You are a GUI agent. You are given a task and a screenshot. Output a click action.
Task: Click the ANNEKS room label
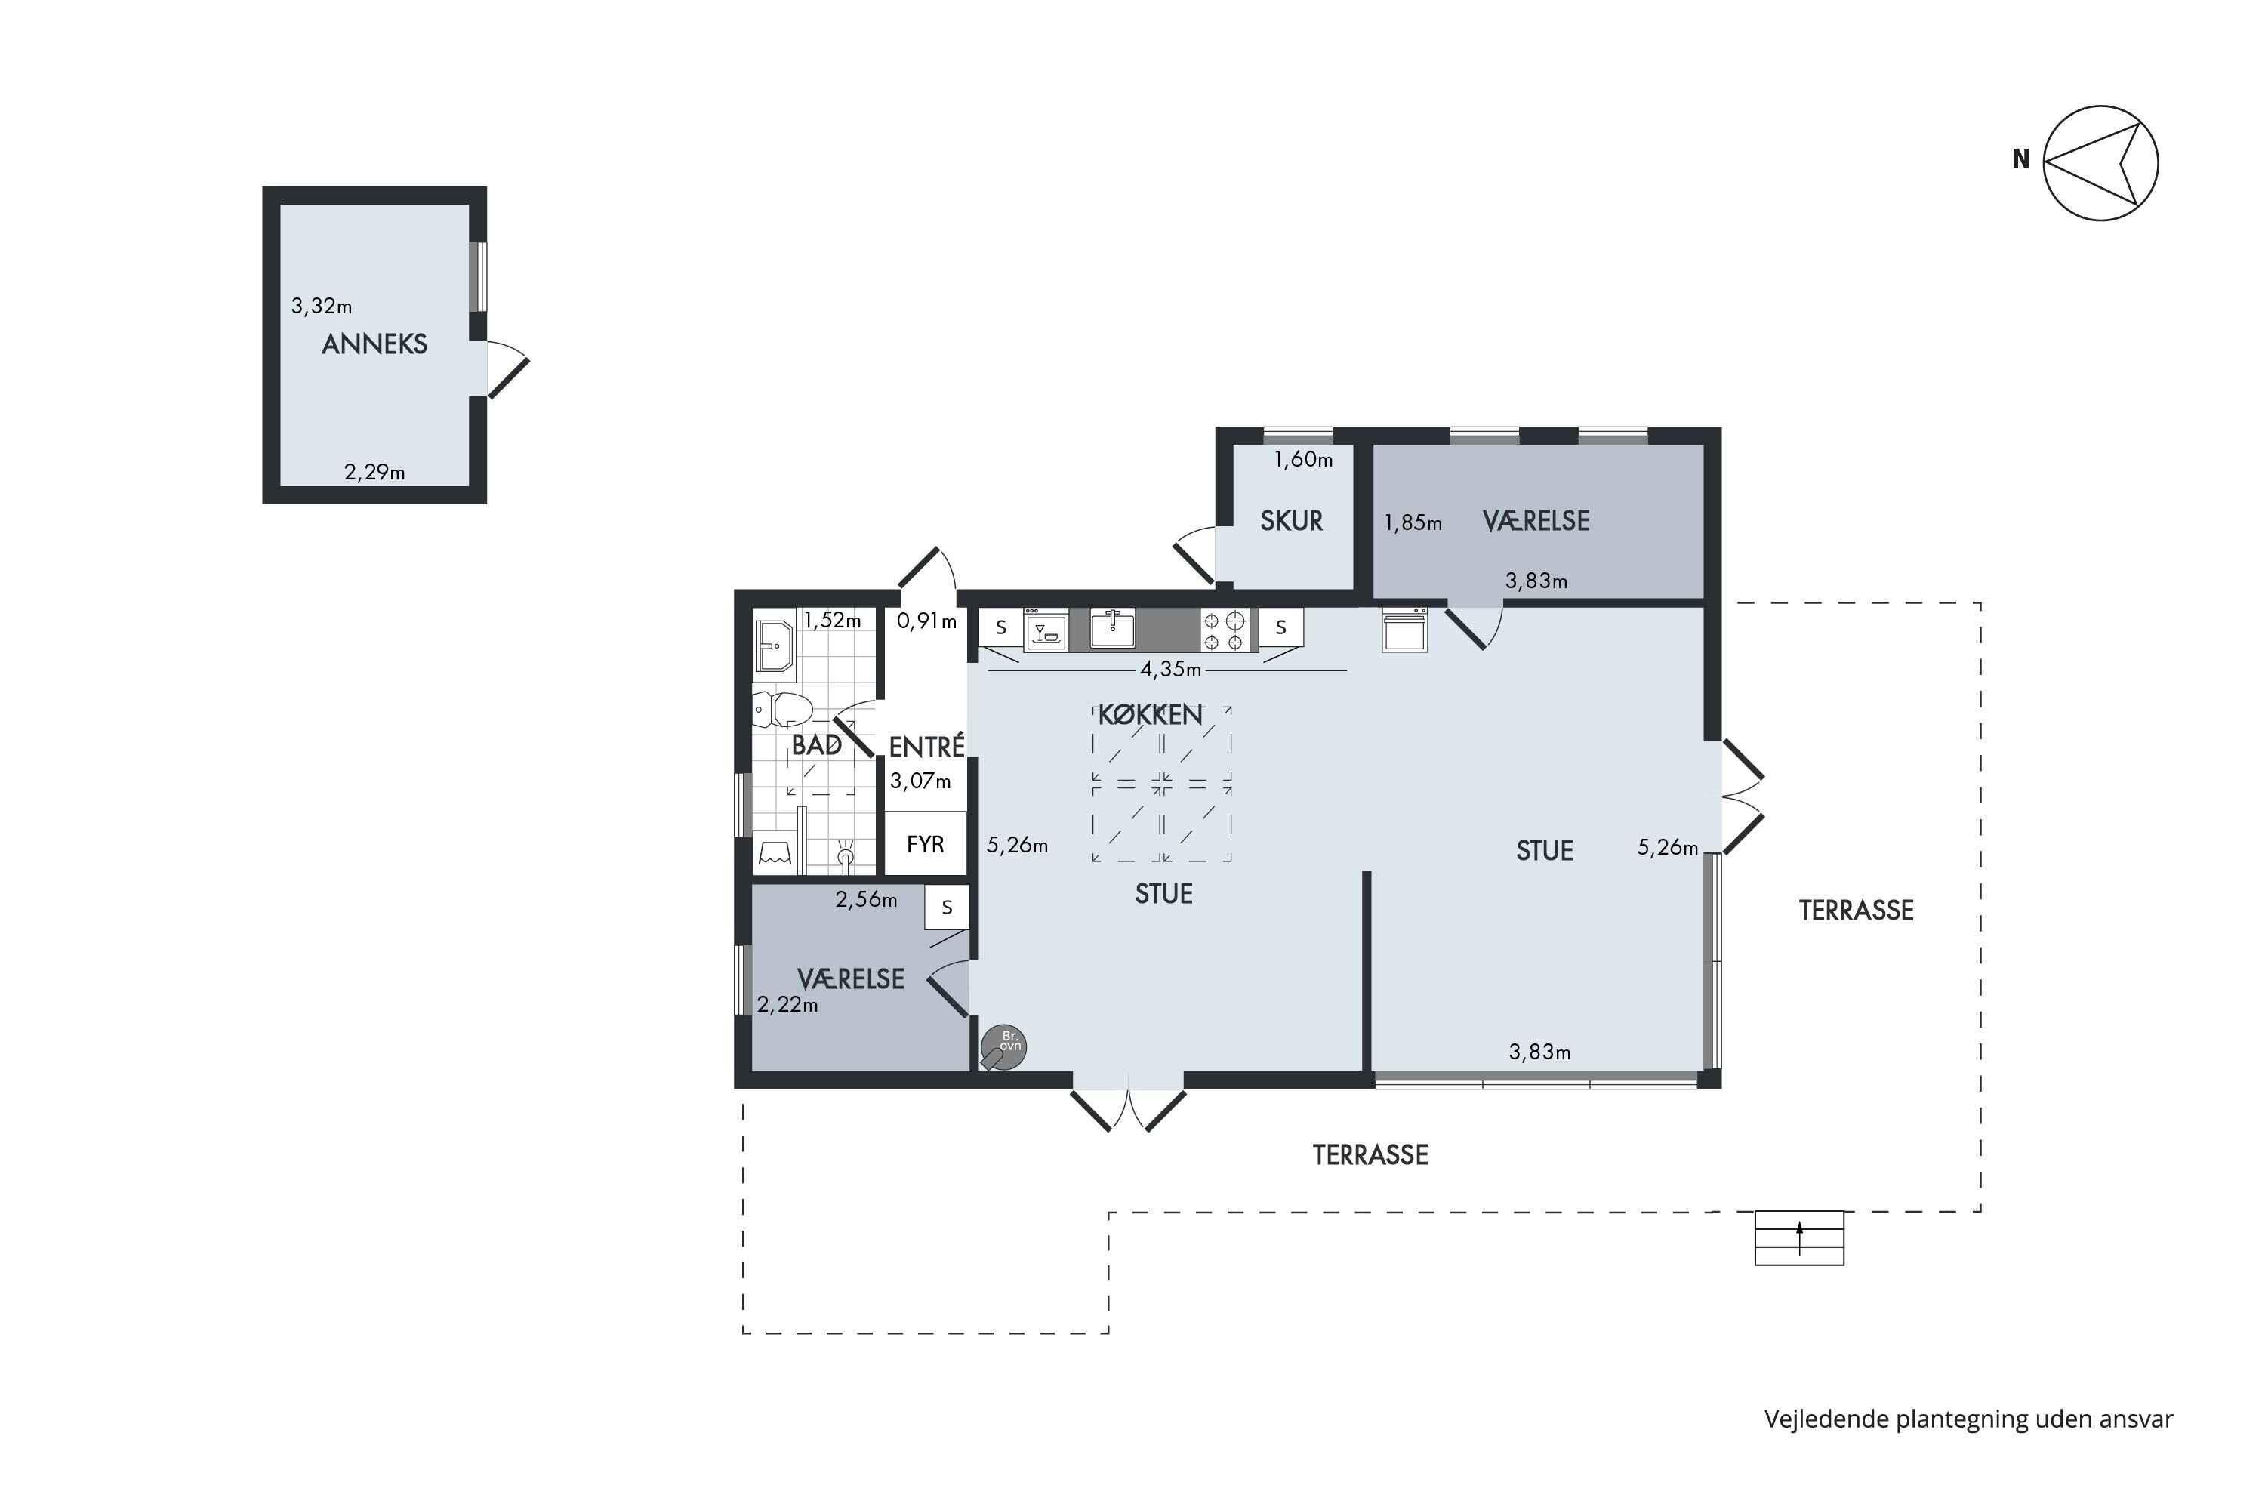(x=374, y=344)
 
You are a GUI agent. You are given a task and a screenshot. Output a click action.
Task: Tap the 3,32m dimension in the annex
(x=322, y=307)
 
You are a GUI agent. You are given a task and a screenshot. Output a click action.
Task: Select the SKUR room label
(x=1291, y=521)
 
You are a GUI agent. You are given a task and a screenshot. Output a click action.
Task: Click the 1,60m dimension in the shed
(x=1303, y=459)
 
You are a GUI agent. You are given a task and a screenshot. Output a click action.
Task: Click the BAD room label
(x=815, y=744)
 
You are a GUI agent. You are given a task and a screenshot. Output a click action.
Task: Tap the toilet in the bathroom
(x=782, y=710)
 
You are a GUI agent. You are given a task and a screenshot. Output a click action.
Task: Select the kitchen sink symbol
(x=1112, y=629)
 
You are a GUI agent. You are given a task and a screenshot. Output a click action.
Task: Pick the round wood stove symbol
(x=1003, y=1046)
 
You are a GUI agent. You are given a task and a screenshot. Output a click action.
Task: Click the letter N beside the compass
(x=2020, y=160)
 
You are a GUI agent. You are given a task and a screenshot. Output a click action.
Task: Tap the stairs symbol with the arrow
(x=1799, y=1237)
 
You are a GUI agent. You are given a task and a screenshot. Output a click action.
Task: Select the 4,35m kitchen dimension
(x=1170, y=668)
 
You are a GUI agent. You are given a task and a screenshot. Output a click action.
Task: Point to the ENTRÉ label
(x=926, y=747)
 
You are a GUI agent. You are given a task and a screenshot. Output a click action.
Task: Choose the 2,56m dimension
(x=866, y=899)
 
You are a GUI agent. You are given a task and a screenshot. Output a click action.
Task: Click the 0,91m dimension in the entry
(x=926, y=621)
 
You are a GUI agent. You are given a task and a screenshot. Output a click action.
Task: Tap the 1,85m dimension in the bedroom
(x=1413, y=523)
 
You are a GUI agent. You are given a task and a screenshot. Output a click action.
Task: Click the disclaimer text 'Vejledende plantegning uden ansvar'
(x=1968, y=1419)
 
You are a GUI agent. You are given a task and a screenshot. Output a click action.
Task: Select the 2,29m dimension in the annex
(x=374, y=472)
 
